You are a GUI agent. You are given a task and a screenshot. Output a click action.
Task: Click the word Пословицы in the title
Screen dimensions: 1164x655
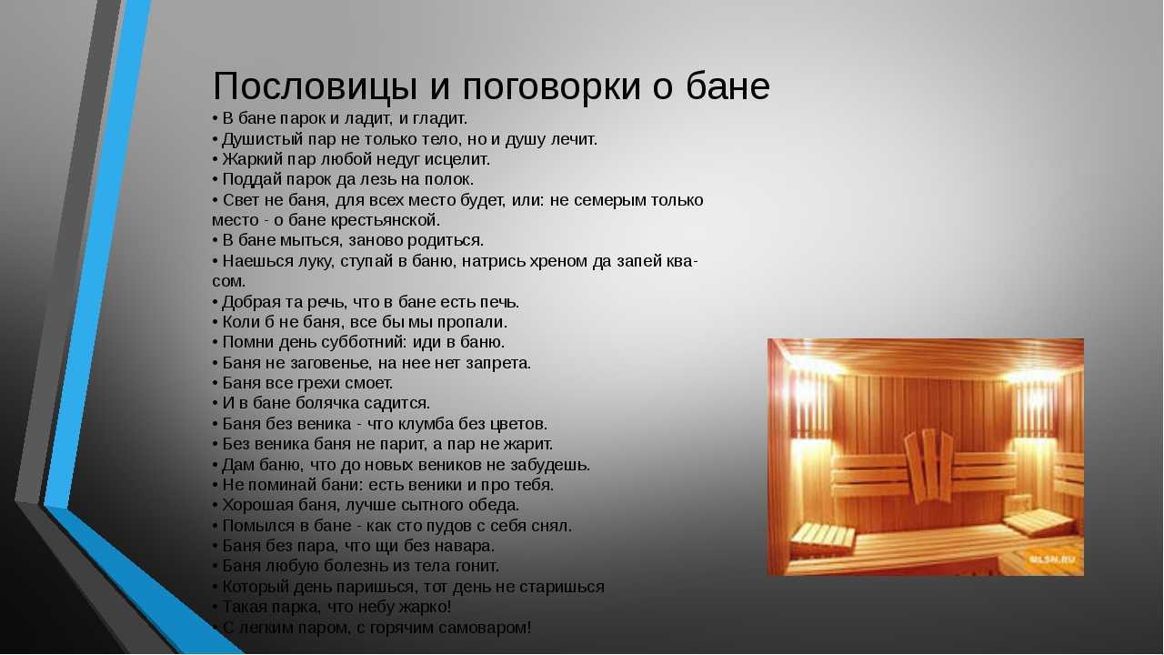(x=315, y=86)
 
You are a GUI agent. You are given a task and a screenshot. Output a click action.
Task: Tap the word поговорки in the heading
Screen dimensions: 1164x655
(x=551, y=86)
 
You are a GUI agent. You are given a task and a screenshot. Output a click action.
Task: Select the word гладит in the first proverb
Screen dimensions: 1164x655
(x=439, y=119)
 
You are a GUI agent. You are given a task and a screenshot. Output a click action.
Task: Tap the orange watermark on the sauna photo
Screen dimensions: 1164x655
(x=1051, y=559)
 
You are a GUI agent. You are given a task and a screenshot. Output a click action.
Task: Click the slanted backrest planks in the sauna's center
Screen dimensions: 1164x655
(x=929, y=465)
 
